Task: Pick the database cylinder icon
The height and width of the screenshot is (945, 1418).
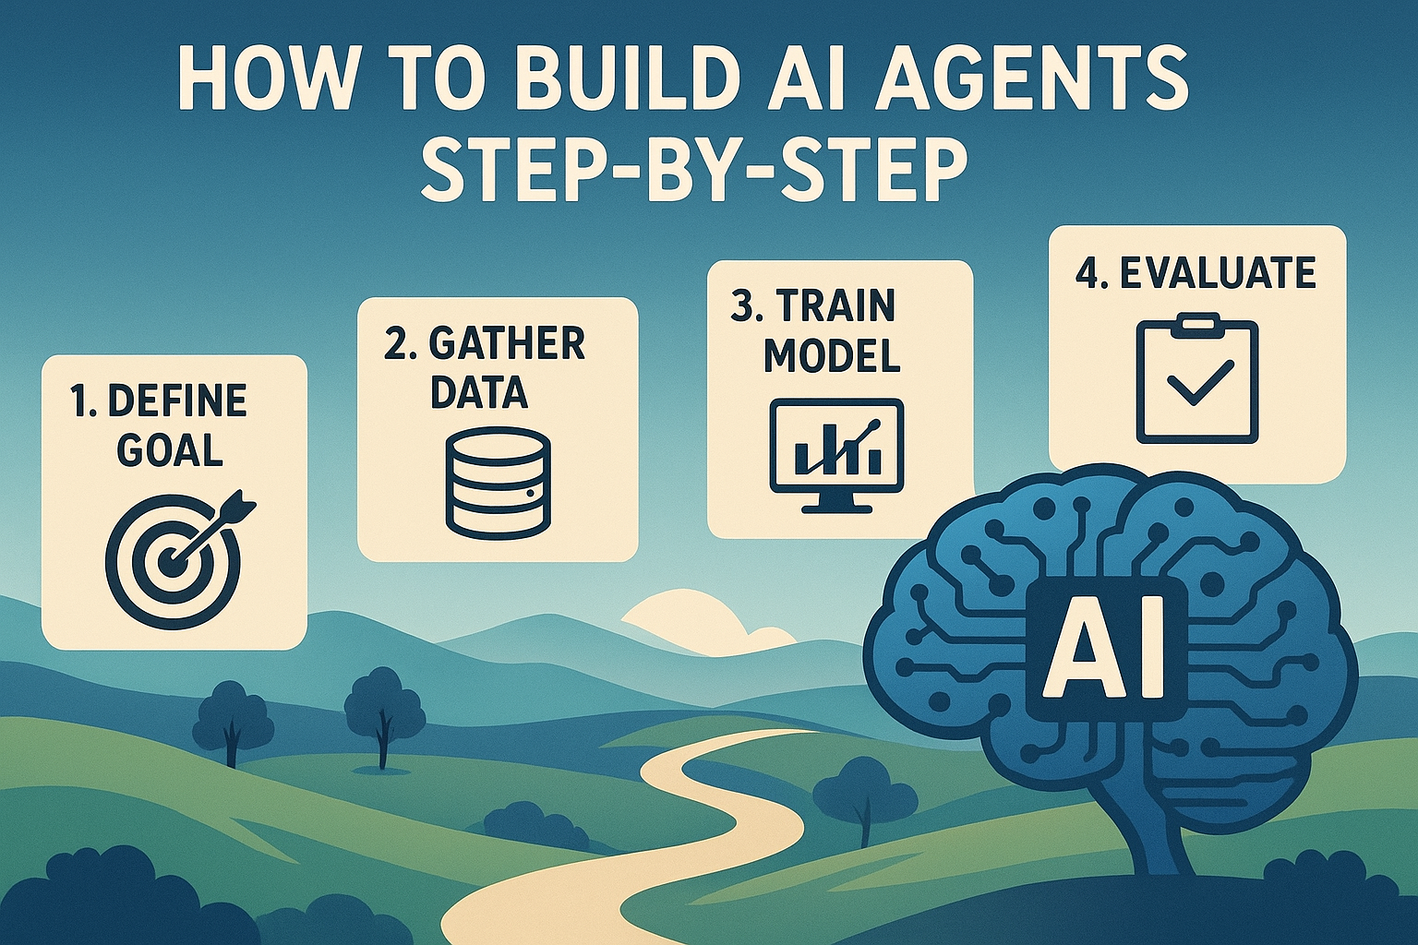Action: [498, 482]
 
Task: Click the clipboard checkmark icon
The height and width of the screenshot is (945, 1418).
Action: [1196, 380]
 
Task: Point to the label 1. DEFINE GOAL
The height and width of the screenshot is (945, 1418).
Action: [159, 425]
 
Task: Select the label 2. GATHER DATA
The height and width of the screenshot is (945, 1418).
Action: [484, 367]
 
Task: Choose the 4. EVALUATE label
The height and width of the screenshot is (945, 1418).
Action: [1196, 273]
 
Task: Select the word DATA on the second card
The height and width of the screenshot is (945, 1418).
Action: [479, 391]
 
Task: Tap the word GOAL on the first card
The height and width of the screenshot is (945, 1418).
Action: [171, 449]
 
